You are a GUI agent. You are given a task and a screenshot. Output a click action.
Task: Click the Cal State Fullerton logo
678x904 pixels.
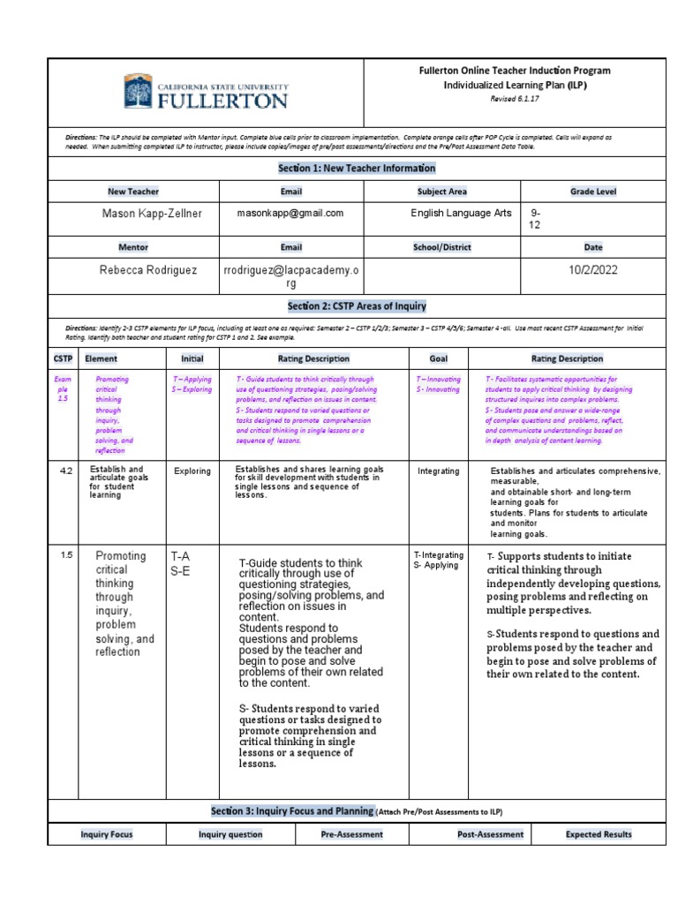(x=206, y=91)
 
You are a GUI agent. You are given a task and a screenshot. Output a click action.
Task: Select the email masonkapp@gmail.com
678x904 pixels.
(x=290, y=214)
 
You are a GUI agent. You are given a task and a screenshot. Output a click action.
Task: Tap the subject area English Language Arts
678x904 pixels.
(x=461, y=214)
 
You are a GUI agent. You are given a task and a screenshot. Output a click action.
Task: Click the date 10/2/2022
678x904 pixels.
(x=592, y=271)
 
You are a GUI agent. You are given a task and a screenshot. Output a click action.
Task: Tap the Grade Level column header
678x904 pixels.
(x=593, y=191)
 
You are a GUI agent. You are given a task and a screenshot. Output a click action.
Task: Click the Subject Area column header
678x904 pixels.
(x=442, y=191)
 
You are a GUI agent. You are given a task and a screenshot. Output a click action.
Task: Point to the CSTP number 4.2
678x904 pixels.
(x=65, y=471)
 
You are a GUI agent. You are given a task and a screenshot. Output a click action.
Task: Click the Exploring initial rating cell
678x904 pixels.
(x=192, y=471)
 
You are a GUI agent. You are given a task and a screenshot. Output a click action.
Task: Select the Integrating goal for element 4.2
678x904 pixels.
(x=439, y=471)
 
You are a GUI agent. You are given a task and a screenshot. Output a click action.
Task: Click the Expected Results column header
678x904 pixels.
(x=599, y=834)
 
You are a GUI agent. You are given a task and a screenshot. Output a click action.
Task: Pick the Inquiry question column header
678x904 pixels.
(x=230, y=834)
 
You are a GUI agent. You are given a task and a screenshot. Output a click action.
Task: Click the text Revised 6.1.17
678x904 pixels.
(x=514, y=99)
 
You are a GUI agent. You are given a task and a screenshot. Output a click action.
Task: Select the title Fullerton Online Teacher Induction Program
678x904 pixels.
(x=514, y=71)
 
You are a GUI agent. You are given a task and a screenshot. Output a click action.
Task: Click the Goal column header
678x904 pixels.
(x=438, y=358)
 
